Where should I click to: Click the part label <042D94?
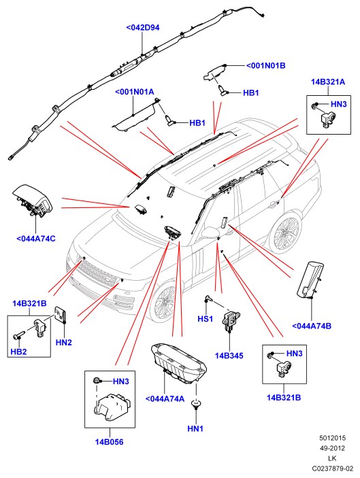click(x=143, y=27)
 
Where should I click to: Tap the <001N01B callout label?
click(x=265, y=65)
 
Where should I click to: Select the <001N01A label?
click(x=134, y=92)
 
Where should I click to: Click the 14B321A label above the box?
click(x=328, y=82)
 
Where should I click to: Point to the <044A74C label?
click(x=35, y=239)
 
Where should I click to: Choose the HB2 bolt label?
click(x=18, y=352)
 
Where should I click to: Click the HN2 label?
click(x=64, y=342)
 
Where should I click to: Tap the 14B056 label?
click(x=109, y=442)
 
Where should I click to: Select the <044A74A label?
click(x=165, y=398)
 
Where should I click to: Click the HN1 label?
click(x=195, y=428)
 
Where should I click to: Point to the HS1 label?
click(x=206, y=319)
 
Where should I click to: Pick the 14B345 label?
click(x=229, y=356)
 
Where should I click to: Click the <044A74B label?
click(x=312, y=326)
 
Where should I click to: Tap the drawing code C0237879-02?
click(x=332, y=468)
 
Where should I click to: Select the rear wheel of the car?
click(x=286, y=234)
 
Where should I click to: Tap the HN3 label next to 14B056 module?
click(x=121, y=381)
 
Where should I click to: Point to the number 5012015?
click(x=333, y=438)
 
